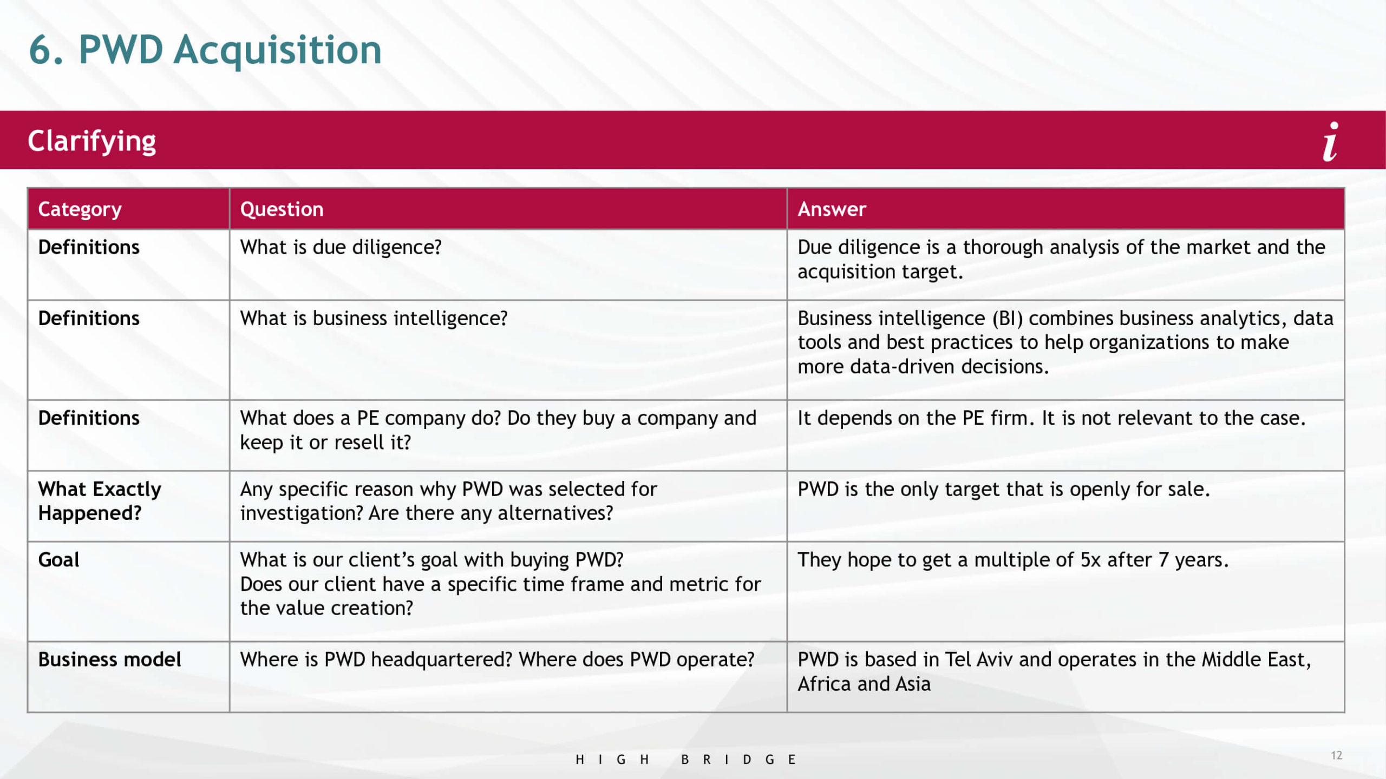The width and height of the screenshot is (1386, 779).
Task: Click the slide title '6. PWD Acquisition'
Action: pos(205,50)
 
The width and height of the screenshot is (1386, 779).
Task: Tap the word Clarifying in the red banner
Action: pos(92,141)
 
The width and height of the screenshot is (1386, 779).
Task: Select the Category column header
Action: pos(80,209)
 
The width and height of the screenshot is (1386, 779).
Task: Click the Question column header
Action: pos(282,209)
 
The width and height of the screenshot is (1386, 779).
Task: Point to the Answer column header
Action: pos(832,209)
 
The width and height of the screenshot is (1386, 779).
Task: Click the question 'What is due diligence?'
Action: pos(341,247)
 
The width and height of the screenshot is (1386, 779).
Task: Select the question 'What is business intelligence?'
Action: pos(374,318)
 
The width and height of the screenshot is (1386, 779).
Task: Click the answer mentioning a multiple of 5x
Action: pos(1013,560)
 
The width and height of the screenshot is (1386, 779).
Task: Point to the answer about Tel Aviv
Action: pos(1054,671)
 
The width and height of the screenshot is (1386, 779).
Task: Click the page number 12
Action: pos(1336,755)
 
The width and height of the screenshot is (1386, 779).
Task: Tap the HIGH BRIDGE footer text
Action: pos(685,760)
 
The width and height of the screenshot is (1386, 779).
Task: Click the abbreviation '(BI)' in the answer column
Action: pos(1008,318)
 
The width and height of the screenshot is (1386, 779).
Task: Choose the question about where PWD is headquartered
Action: pos(497,659)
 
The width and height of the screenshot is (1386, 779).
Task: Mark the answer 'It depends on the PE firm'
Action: pos(1051,418)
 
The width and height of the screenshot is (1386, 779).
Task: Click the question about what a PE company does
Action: pos(498,430)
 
